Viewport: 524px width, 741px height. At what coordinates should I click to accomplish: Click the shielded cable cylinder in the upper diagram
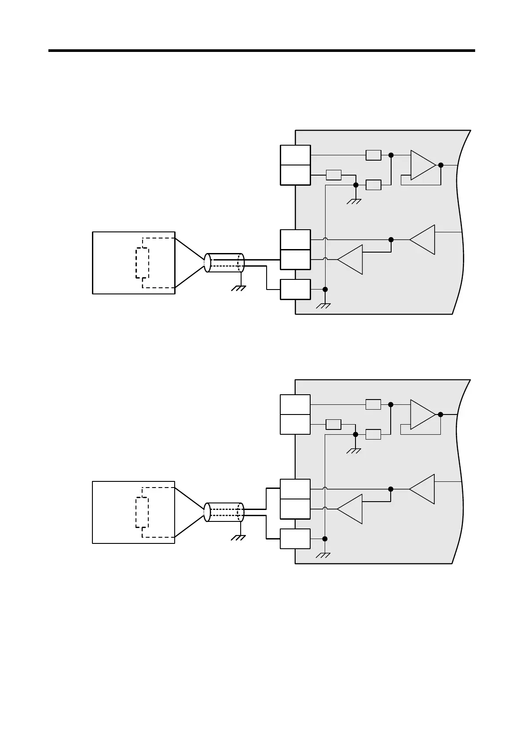[x=224, y=263]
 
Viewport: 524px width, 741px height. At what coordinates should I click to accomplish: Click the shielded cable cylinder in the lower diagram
[x=224, y=512]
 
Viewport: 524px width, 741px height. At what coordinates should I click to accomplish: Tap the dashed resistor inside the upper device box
[x=142, y=263]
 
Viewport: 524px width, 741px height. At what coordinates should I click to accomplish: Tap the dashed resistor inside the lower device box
[x=142, y=513]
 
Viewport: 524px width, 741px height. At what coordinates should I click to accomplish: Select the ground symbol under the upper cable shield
[x=239, y=288]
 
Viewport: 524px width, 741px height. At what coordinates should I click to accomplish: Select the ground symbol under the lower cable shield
[x=239, y=537]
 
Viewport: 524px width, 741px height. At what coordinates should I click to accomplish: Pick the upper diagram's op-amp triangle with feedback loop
[x=423, y=165]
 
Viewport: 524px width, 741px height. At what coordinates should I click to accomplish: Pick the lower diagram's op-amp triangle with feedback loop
[x=423, y=415]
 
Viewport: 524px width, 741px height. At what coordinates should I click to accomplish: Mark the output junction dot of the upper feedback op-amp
[x=441, y=165]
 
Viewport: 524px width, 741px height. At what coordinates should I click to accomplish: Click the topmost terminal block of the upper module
[x=295, y=155]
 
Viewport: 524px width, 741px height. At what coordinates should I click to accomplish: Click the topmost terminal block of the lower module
[x=295, y=404]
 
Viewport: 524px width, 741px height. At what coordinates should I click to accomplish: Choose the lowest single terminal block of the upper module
[x=295, y=289]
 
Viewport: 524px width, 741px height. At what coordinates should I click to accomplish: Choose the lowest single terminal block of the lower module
[x=295, y=539]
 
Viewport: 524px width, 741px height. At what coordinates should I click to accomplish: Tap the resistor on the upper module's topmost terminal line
[x=374, y=155]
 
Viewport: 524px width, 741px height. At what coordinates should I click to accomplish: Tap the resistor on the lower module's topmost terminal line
[x=374, y=404]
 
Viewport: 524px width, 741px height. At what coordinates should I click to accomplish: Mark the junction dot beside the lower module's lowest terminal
[x=325, y=539]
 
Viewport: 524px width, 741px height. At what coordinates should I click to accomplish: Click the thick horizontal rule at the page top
[x=262, y=51]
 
